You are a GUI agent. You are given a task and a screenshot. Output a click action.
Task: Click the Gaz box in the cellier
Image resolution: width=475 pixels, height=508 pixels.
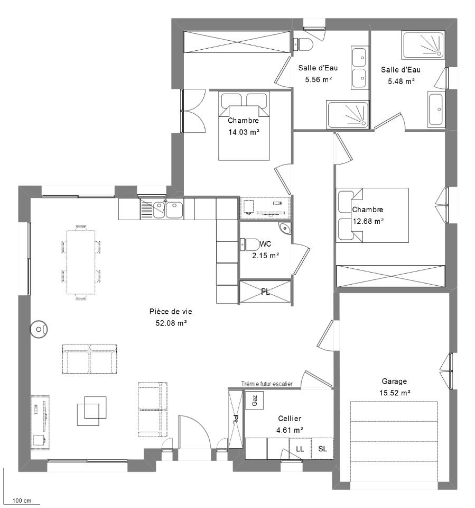(x=254, y=400)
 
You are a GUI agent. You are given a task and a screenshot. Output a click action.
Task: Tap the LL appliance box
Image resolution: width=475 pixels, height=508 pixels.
(x=300, y=449)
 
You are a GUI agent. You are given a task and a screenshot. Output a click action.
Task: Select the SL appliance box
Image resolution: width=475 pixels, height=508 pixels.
(x=322, y=449)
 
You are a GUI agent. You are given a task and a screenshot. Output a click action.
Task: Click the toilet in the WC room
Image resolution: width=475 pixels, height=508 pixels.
(x=250, y=244)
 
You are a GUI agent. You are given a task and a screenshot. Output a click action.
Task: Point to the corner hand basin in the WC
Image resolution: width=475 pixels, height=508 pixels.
(x=285, y=229)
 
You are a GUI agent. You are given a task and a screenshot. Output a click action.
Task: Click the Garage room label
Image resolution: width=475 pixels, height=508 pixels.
(x=394, y=382)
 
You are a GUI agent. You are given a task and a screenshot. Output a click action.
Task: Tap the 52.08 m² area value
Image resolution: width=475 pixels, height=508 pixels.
(x=171, y=323)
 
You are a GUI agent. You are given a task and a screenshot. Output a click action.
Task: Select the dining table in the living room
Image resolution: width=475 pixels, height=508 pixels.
(x=81, y=262)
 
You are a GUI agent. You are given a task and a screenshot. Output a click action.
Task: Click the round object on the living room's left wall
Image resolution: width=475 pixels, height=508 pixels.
(x=39, y=330)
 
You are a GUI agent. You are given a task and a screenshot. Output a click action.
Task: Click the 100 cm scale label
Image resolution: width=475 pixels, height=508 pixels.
(x=22, y=501)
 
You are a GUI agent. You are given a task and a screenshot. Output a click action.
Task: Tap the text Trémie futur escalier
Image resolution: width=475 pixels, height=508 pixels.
(x=267, y=384)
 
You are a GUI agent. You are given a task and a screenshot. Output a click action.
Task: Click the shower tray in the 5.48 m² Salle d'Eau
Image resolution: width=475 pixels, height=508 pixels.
(x=423, y=45)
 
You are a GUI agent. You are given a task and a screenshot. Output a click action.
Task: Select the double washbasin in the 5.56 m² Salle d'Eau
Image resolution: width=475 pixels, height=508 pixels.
(x=360, y=68)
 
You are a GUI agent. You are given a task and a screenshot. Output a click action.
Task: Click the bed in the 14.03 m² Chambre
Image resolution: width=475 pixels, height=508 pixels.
(x=244, y=126)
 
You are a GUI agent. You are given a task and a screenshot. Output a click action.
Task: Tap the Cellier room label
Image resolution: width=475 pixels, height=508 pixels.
(x=290, y=419)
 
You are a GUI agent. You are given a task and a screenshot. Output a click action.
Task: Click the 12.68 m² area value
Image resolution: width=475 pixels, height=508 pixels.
(x=368, y=221)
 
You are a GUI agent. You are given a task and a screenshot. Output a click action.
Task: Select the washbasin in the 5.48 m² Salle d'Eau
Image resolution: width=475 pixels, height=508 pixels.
(x=436, y=109)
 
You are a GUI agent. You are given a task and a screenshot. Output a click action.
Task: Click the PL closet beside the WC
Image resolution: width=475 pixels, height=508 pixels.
(x=265, y=292)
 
